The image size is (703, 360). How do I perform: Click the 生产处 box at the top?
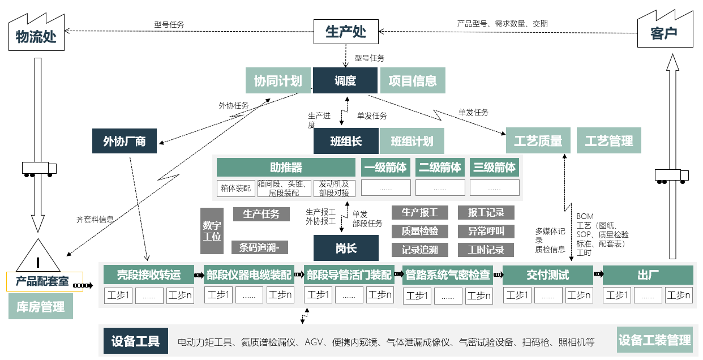tap(345, 32)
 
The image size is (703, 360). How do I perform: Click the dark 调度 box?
tap(345, 80)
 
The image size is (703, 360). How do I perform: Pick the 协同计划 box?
tap(277, 80)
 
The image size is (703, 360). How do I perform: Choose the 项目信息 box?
tap(412, 80)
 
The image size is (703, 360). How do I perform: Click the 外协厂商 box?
tap(125, 141)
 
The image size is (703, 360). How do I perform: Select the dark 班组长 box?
tap(346, 141)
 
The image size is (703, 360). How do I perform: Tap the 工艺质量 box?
tap(537, 140)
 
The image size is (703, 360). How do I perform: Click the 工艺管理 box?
tap(608, 140)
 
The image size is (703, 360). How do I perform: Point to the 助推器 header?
tap(286, 168)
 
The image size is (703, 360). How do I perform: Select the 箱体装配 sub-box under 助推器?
tap(235, 188)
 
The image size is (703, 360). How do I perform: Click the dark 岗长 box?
tap(346, 247)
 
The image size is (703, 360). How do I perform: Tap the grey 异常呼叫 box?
tap(486, 231)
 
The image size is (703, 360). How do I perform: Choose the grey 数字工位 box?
tap(212, 230)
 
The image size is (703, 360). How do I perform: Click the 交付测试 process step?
tap(547, 275)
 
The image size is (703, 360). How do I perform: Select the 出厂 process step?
tap(648, 275)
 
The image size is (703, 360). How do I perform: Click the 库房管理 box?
tap(40, 307)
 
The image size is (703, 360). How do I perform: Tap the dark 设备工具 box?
tap(135, 341)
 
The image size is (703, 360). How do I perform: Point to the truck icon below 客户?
tap(671, 176)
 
